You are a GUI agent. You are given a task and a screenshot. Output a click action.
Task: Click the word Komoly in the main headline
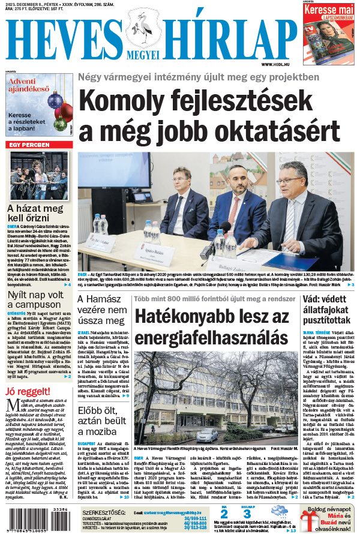(x=119, y=100)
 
